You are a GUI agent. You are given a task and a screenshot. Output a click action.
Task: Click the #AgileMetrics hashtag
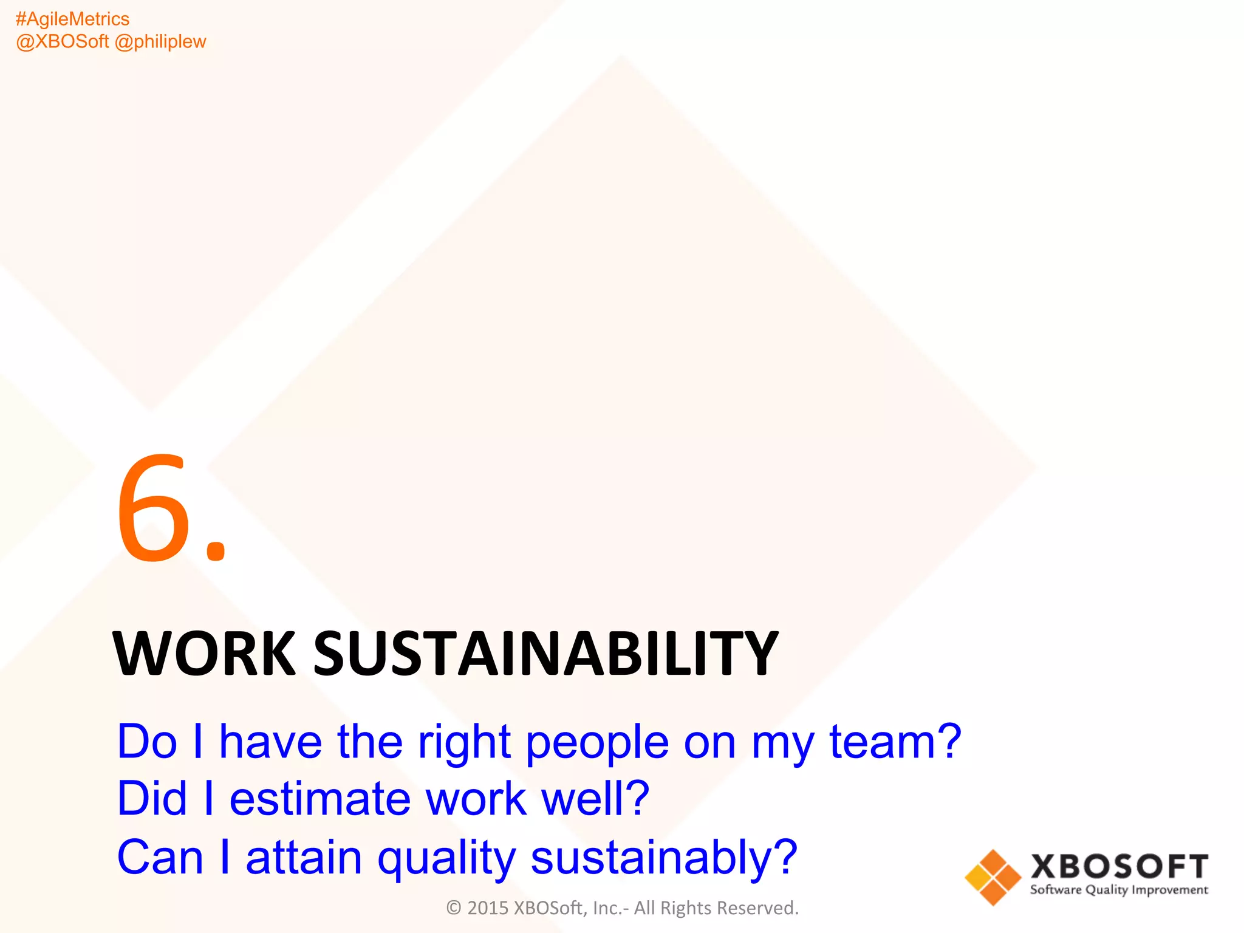coord(72,19)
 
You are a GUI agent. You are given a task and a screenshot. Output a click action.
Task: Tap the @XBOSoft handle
coord(62,41)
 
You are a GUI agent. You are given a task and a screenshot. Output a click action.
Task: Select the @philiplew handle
coord(160,41)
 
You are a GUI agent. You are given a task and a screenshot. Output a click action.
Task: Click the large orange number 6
coord(152,509)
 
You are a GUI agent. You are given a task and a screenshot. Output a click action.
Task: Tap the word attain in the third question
coord(304,857)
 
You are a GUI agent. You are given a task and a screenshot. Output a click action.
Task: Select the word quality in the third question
coord(446,857)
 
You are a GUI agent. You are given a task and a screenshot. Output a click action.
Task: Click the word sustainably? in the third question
coord(664,857)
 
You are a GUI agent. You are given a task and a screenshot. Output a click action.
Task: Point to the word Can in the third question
coord(160,857)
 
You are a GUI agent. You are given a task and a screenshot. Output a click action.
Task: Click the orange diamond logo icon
coord(993,877)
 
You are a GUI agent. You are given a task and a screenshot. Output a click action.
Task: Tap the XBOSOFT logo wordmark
coord(1119,867)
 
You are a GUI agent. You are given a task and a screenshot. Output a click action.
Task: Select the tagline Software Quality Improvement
coord(1119,890)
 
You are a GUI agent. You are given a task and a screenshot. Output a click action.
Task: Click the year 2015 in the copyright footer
coord(488,908)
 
